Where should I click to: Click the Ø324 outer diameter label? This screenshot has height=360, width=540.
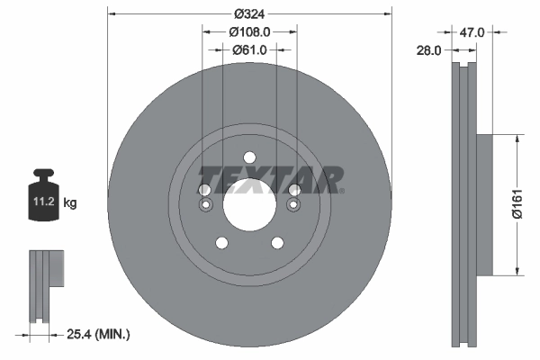click(x=249, y=13)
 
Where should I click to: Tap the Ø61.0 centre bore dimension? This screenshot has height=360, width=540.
click(x=249, y=49)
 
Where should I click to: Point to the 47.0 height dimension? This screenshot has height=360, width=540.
click(x=472, y=31)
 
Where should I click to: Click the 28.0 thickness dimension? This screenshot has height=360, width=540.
click(x=428, y=51)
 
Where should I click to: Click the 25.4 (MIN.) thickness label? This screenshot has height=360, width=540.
click(x=99, y=335)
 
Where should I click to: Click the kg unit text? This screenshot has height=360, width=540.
click(x=70, y=203)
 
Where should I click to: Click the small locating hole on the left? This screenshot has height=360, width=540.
click(x=205, y=206)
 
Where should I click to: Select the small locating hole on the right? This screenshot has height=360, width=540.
click(x=292, y=206)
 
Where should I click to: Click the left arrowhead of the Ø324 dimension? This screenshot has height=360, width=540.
click(x=112, y=13)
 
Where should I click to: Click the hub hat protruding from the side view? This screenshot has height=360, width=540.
click(x=483, y=205)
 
